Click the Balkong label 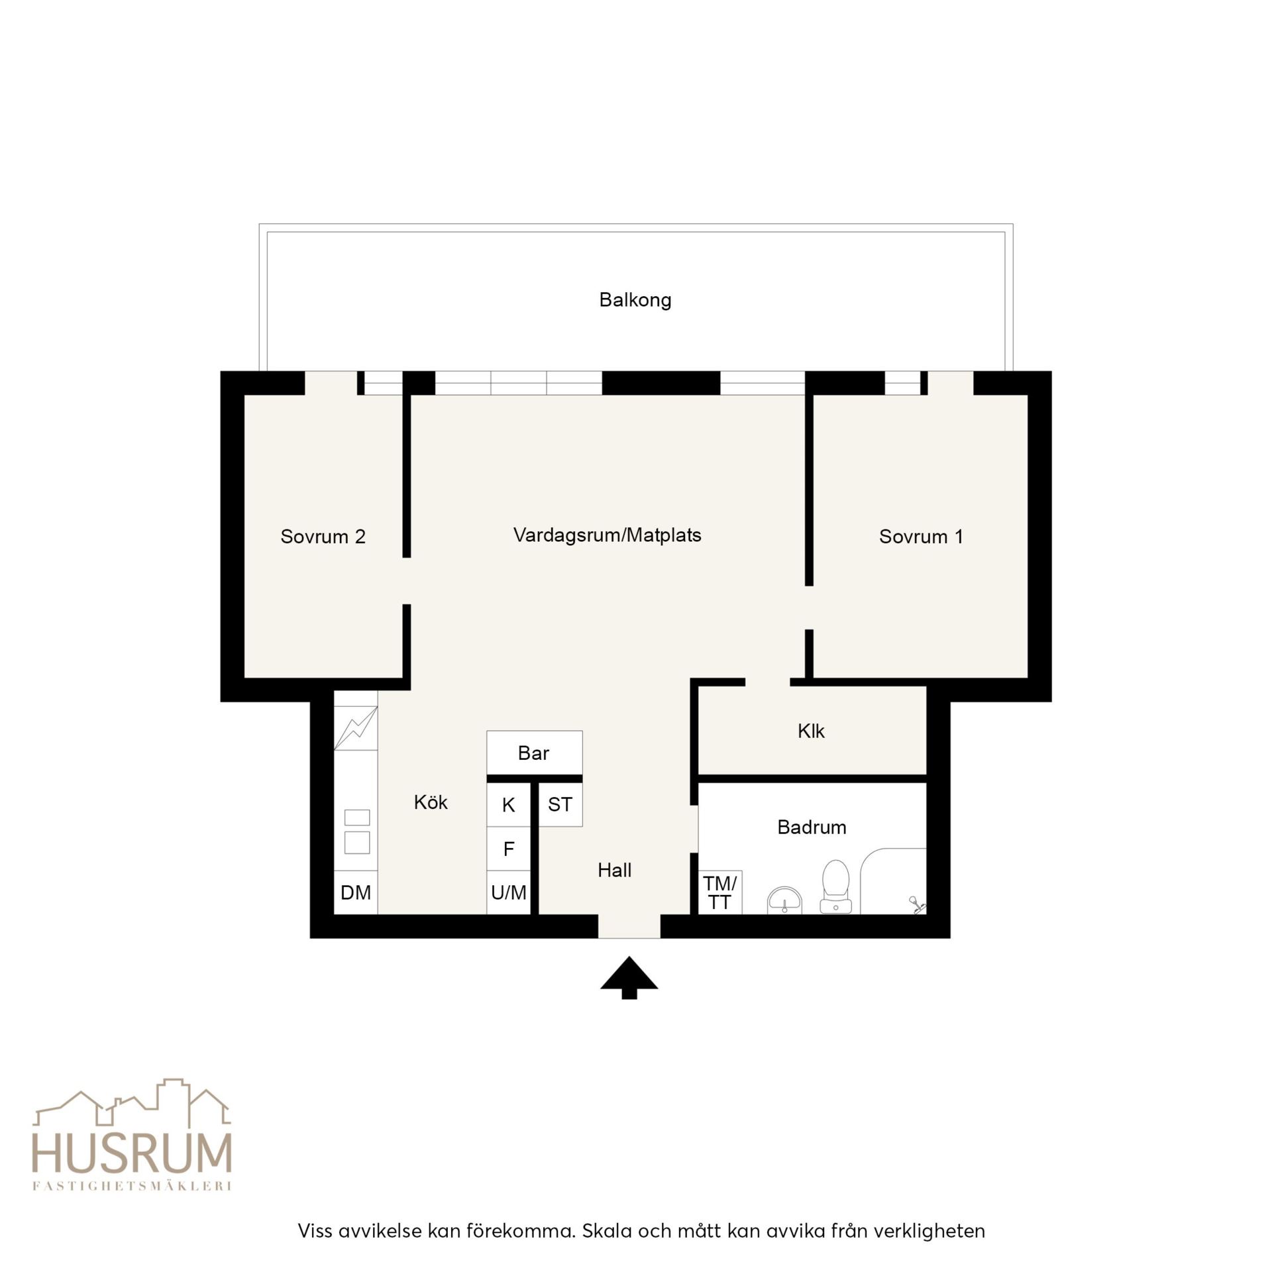(635, 300)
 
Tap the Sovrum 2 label (323, 537)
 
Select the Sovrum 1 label (921, 537)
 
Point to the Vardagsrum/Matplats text (607, 535)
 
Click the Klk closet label (811, 731)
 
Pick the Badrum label (812, 827)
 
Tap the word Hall (614, 871)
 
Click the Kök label (431, 802)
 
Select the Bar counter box (535, 753)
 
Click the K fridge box (509, 805)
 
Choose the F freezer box (509, 849)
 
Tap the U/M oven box (509, 893)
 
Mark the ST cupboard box (560, 804)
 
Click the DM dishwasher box (356, 892)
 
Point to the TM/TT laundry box (720, 892)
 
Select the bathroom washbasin (784, 902)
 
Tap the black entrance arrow (629, 977)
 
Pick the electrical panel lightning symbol (356, 728)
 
